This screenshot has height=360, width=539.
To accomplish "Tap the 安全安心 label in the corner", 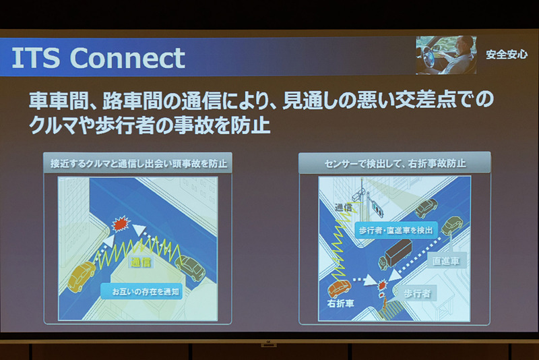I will (x=506, y=55).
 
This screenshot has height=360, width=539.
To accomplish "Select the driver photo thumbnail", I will (x=445, y=55).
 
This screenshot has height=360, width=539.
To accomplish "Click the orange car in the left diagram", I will (x=81, y=275).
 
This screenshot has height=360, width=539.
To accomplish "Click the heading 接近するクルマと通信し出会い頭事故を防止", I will (x=138, y=163).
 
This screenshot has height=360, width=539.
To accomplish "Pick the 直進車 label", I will (x=446, y=261).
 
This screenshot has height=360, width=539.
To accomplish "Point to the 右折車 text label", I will (x=341, y=304).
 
